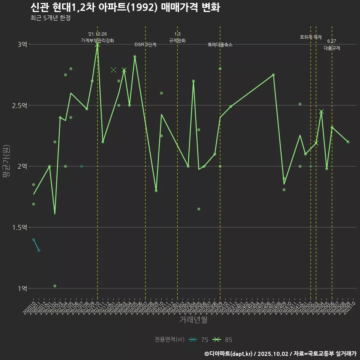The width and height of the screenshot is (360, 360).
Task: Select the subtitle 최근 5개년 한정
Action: (x=50, y=18)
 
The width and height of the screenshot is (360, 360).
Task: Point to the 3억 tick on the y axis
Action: (x=22, y=45)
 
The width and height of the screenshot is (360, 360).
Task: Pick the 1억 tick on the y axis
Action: (x=22, y=289)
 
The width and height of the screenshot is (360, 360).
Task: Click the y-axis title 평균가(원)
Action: (x=6, y=162)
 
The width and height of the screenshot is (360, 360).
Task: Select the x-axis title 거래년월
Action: (x=193, y=320)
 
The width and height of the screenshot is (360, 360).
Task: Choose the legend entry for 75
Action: (x=199, y=340)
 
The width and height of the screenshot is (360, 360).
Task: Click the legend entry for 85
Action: (x=223, y=340)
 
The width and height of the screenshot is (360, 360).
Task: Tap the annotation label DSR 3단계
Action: (x=145, y=45)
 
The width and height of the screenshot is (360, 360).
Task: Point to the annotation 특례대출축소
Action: (x=220, y=45)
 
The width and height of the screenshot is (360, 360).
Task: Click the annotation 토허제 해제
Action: (x=311, y=37)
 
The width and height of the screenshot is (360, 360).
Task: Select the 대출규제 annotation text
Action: (x=332, y=48)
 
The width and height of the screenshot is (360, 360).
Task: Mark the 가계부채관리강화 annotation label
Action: (x=97, y=40)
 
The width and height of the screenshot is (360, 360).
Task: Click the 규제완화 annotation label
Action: (x=177, y=40)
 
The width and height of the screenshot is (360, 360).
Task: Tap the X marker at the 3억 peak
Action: (x=97, y=45)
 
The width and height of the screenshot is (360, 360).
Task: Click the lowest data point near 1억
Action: (x=55, y=286)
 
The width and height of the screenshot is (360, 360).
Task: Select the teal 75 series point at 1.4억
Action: (x=33, y=239)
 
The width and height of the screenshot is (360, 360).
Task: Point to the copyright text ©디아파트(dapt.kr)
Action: (x=229, y=353)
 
